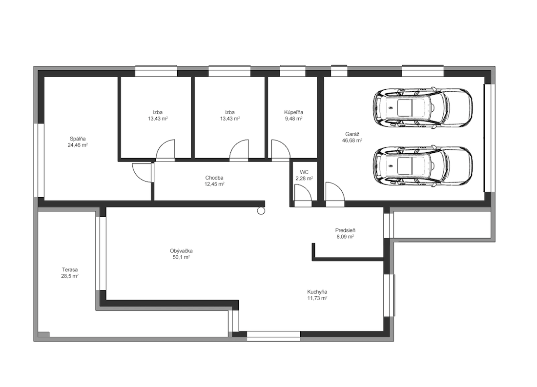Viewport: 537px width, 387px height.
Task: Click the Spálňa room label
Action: pyautogui.click(x=78, y=139)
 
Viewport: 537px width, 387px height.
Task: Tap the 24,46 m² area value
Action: pyautogui.click(x=78, y=145)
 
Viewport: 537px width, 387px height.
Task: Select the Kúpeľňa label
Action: pyautogui.click(x=293, y=112)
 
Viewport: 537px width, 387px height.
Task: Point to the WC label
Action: pyautogui.click(x=304, y=172)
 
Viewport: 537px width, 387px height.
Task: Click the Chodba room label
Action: pyautogui.click(x=214, y=178)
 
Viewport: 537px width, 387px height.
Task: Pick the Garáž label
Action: pyautogui.click(x=352, y=134)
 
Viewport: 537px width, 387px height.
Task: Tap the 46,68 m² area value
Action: pyautogui.click(x=352, y=141)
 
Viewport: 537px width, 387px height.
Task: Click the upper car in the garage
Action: pyautogui.click(x=423, y=108)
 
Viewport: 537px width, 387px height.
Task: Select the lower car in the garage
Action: pyautogui.click(x=423, y=167)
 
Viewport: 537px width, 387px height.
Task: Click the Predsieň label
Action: pyautogui.click(x=345, y=230)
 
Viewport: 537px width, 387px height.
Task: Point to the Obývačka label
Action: pyautogui.click(x=181, y=251)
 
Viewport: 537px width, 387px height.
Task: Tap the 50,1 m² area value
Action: pyautogui.click(x=181, y=257)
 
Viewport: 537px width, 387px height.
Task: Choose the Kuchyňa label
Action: pyautogui.click(x=317, y=292)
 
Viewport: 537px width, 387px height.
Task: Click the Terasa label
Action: pyautogui.click(x=70, y=269)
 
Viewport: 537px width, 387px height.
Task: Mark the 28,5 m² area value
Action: pyautogui.click(x=70, y=276)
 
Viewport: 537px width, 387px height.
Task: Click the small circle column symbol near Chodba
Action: pyautogui.click(x=261, y=211)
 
